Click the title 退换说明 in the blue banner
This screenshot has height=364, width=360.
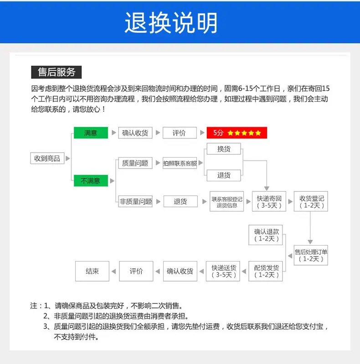(171, 22)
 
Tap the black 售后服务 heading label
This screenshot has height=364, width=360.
(57, 72)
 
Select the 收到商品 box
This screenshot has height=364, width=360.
(47, 159)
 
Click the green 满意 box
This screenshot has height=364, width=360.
(91, 133)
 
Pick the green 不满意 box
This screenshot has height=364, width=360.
(91, 180)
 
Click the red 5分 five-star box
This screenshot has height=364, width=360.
(237, 133)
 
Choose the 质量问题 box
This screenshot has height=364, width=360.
(135, 163)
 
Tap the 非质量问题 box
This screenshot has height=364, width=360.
(135, 201)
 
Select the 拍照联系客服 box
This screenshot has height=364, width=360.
(180, 163)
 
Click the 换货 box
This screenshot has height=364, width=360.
(224, 149)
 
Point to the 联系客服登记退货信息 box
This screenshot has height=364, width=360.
(226, 201)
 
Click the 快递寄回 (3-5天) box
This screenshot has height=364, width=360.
(269, 201)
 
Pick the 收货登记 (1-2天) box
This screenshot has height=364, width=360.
(311, 201)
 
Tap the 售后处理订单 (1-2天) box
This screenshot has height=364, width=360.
(311, 255)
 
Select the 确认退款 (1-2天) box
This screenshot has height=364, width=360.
(266, 235)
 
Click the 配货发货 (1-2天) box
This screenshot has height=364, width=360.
(266, 271)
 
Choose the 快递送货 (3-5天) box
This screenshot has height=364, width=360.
(223, 271)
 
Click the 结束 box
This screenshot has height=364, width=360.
(92, 271)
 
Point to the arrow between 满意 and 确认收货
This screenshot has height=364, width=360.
(114, 133)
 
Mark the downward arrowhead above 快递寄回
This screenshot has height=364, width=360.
(267, 189)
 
